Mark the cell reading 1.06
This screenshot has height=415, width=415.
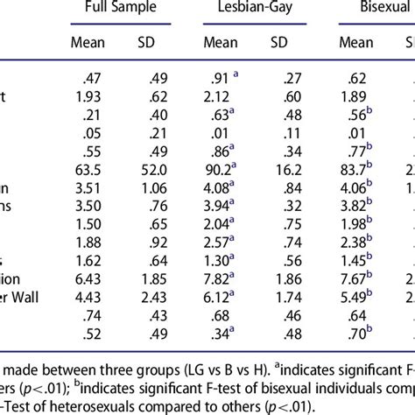(x=158, y=186)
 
